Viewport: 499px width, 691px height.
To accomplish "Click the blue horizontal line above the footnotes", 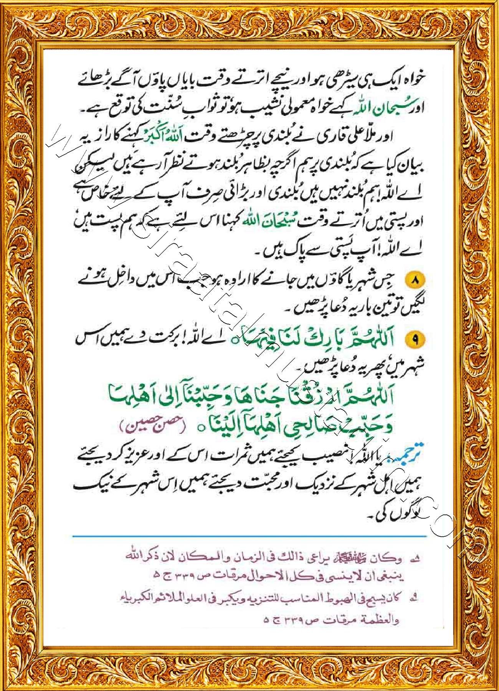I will tap(249, 536).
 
